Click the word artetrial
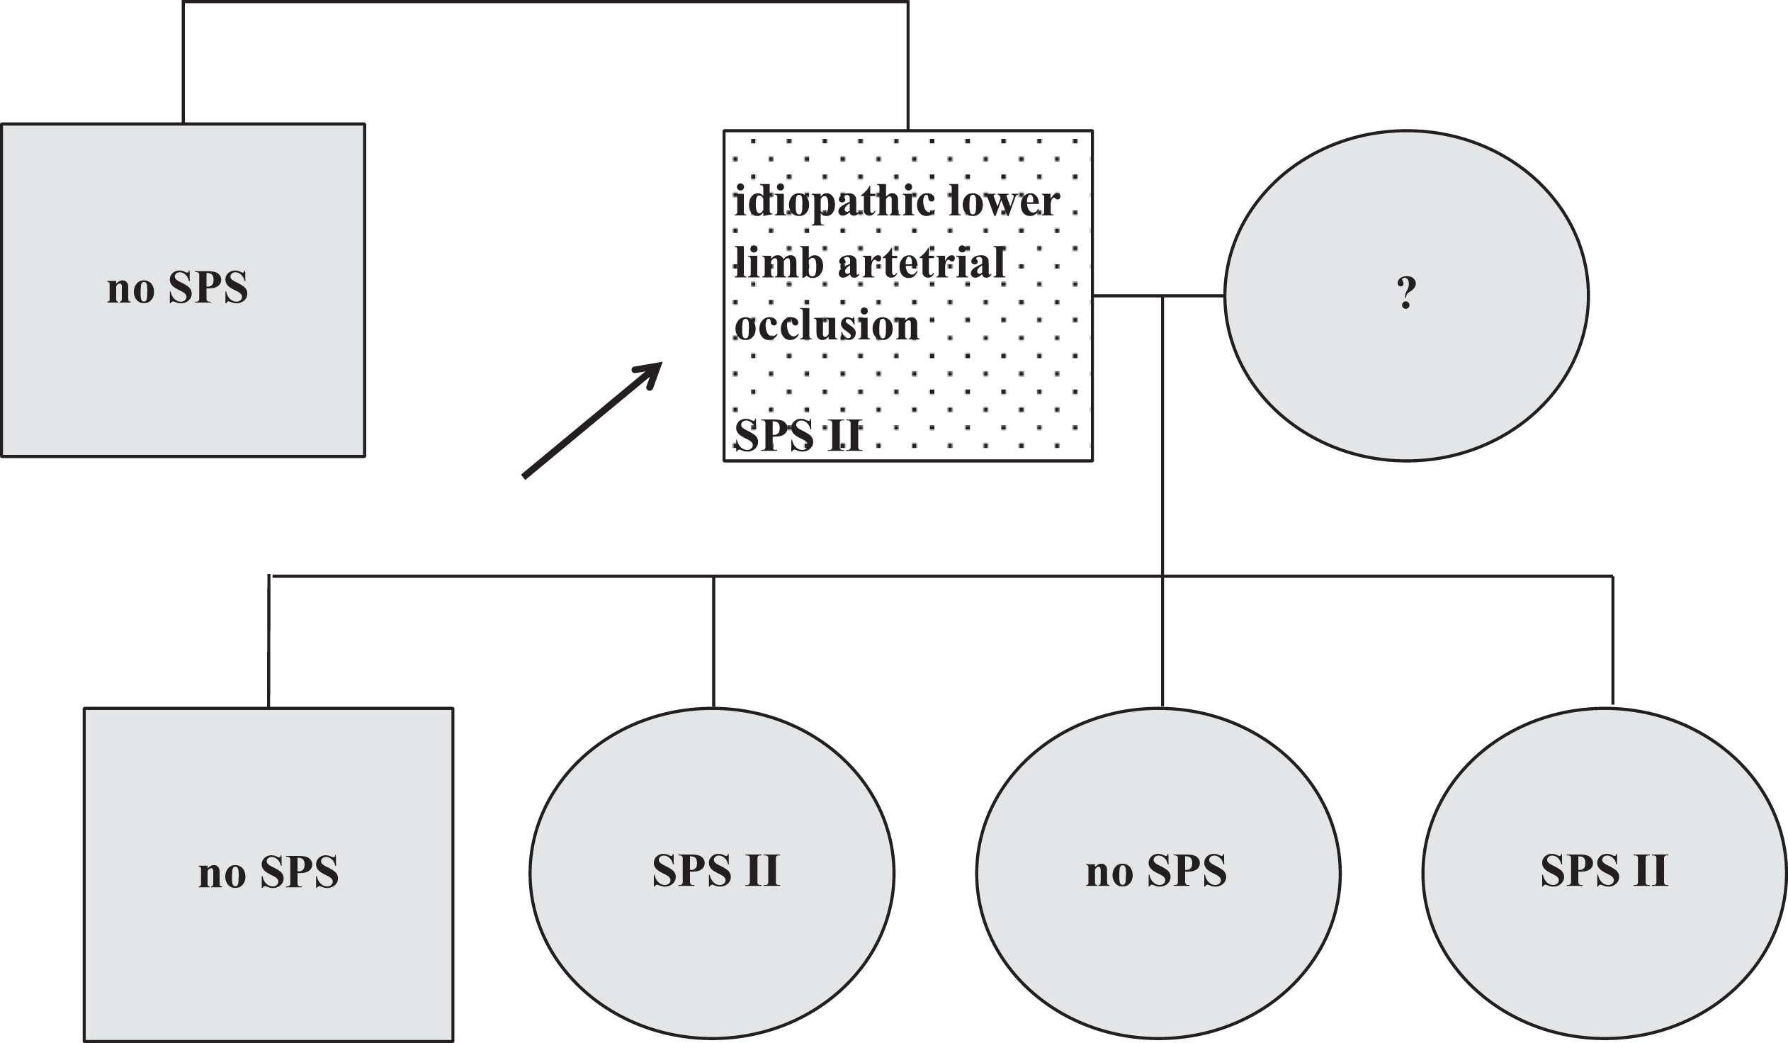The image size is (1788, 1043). (922, 264)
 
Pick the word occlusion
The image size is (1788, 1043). (827, 326)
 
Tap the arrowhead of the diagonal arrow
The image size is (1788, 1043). (660, 363)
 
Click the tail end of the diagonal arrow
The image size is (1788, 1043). (524, 476)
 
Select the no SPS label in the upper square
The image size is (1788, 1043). (177, 288)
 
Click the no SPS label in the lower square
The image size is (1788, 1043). (268, 872)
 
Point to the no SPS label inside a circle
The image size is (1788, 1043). (1156, 872)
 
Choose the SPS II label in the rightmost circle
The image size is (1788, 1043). (1604, 871)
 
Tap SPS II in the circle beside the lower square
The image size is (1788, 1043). (716, 871)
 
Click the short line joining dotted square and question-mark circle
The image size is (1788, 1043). (1158, 295)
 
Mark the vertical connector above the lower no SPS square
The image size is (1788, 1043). (269, 641)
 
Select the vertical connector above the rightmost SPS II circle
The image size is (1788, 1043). (1613, 640)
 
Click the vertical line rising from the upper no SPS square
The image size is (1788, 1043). (183, 62)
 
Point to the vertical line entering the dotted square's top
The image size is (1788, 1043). (907, 66)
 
